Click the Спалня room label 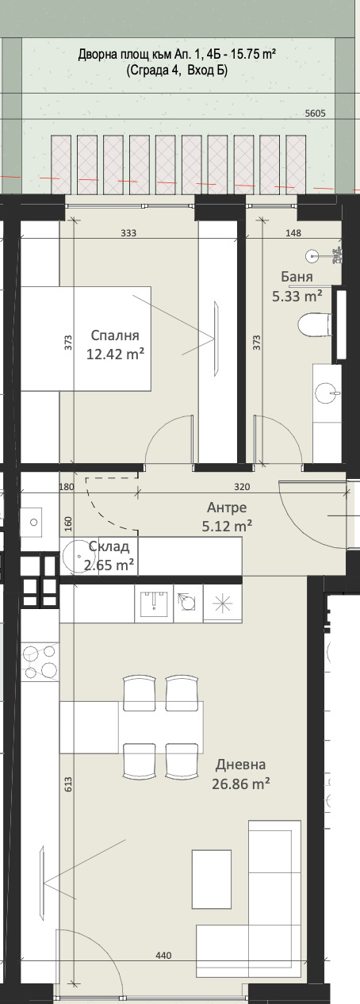pyautogui.click(x=115, y=335)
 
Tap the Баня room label pyautogui.click(x=297, y=277)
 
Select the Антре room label pyautogui.click(x=227, y=508)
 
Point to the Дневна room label pyautogui.click(x=240, y=764)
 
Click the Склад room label pyautogui.click(x=109, y=546)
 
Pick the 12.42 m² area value pyautogui.click(x=115, y=354)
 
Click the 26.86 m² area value pyautogui.click(x=241, y=784)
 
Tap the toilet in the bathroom pyautogui.click(x=315, y=324)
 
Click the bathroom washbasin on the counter pyautogui.click(x=327, y=393)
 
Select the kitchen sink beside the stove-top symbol pyautogui.click(x=154, y=603)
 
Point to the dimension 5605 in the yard pyautogui.click(x=315, y=114)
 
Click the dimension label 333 pyautogui.click(x=128, y=233)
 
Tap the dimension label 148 pyautogui.click(x=293, y=233)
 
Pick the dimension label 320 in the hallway pyautogui.click(x=242, y=487)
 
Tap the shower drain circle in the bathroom pyautogui.click(x=312, y=256)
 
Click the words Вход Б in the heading pyautogui.click(x=208, y=71)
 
